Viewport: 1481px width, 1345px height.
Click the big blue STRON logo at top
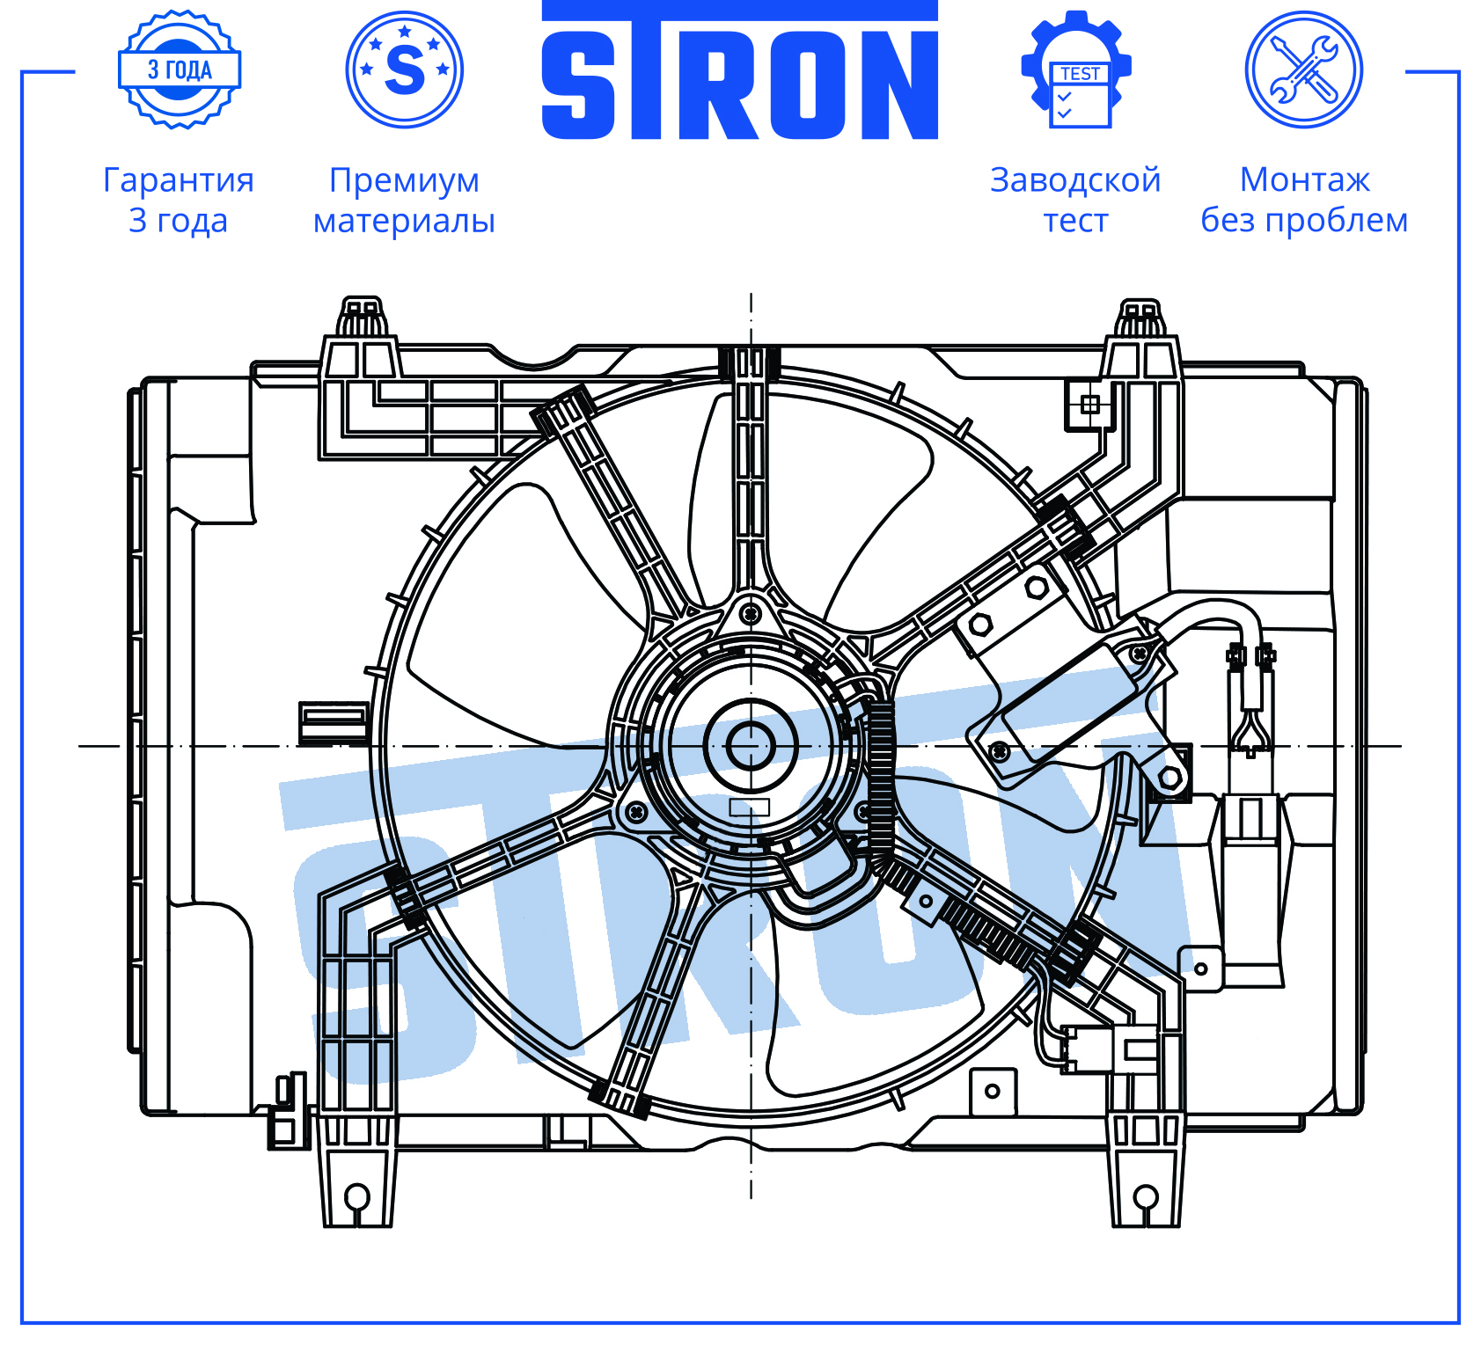click(739, 70)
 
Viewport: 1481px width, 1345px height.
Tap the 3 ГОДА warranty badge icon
click(180, 69)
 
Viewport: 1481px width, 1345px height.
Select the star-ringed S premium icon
click(405, 69)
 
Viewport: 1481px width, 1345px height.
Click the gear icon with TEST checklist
click(1076, 69)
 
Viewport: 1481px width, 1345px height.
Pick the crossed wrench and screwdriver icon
click(1304, 69)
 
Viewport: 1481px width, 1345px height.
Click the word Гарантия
click(179, 180)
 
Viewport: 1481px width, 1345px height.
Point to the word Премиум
click(405, 181)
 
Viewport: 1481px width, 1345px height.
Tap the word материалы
click(405, 221)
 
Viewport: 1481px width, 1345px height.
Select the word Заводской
click(1075, 180)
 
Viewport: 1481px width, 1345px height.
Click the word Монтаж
click(1304, 180)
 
